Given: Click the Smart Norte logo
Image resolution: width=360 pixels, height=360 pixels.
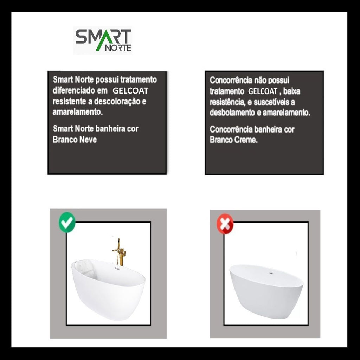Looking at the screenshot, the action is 103,40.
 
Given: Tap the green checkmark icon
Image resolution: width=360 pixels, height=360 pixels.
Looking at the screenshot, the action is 67,222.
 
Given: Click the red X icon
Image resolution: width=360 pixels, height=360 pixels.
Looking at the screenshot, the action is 225,224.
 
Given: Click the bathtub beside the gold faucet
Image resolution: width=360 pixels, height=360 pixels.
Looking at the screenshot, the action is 108,289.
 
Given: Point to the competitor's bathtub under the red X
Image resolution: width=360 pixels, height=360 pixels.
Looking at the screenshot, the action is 266,291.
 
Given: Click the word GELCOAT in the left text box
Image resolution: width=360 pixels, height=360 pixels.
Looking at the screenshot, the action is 130,91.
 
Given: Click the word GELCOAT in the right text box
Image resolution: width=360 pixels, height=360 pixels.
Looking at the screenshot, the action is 263,91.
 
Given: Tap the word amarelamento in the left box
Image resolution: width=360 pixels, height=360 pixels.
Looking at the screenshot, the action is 77,112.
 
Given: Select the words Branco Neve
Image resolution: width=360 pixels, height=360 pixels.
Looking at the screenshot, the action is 75,139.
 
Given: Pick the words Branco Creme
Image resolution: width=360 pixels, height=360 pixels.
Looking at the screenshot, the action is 233,140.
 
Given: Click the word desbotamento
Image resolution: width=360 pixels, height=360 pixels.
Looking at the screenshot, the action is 234,112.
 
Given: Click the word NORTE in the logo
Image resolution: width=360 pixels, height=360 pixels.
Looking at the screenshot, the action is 118,48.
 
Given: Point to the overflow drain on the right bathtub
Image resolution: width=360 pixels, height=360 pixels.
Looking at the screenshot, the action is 271,273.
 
